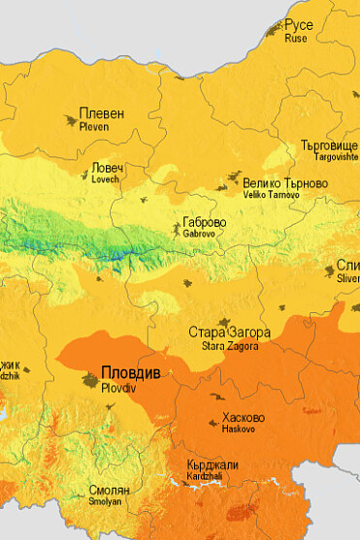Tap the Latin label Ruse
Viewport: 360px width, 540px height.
(295, 39)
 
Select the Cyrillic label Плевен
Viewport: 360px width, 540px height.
(101, 113)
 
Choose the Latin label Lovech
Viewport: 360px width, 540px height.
(105, 179)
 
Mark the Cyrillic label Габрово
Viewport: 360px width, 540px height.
(205, 221)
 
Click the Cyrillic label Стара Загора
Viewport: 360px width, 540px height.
(229, 333)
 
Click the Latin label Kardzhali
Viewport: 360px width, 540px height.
(210, 477)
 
